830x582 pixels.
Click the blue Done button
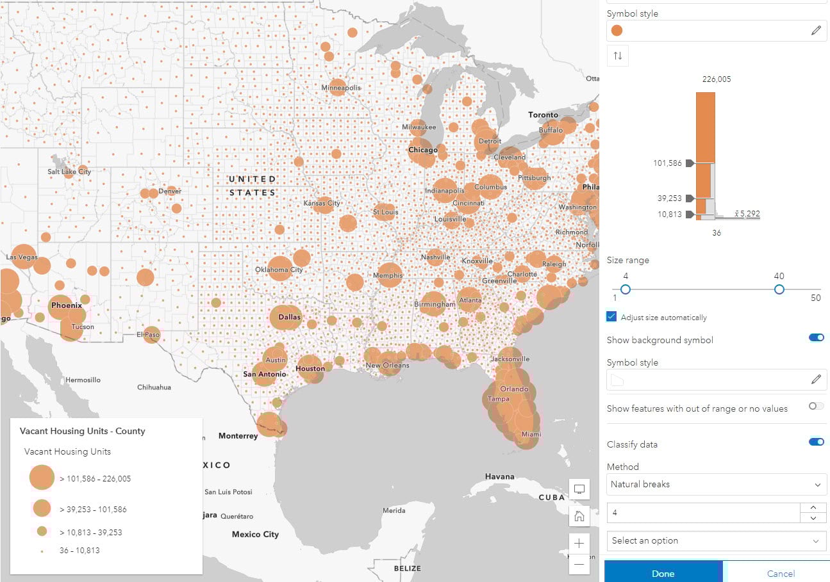click(663, 573)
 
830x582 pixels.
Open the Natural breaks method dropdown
click(716, 485)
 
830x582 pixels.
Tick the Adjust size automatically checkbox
click(611, 317)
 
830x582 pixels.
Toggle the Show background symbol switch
click(816, 338)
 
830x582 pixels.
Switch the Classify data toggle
click(816, 442)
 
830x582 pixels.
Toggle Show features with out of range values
click(816, 406)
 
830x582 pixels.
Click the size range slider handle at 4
click(626, 289)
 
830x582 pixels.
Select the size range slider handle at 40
click(779, 289)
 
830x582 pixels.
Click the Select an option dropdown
click(716, 541)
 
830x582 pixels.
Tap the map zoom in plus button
click(579, 543)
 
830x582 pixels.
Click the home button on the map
click(579, 516)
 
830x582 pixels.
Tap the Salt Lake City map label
click(69, 172)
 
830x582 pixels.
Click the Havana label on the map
click(499, 476)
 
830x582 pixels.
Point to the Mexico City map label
click(255, 535)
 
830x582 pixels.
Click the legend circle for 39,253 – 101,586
click(42, 508)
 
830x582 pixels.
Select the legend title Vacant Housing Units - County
click(82, 431)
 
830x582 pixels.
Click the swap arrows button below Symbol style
click(618, 56)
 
